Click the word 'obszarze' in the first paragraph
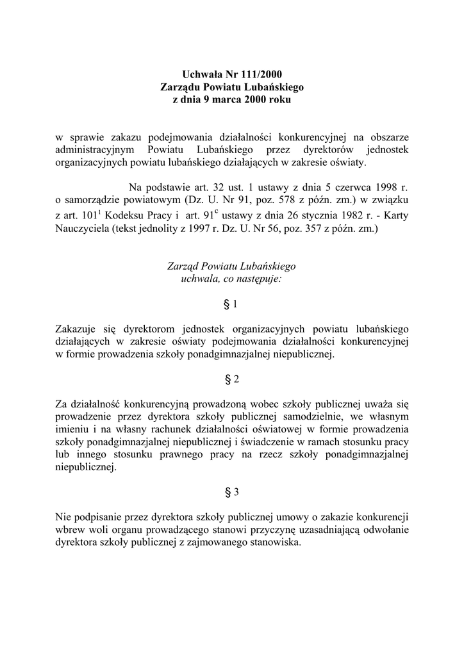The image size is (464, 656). pos(386,137)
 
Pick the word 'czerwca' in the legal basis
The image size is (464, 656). pos(347,188)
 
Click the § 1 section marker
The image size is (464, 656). pos(231,303)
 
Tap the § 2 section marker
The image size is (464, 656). pos(232,379)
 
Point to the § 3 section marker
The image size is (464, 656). pos(232,492)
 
